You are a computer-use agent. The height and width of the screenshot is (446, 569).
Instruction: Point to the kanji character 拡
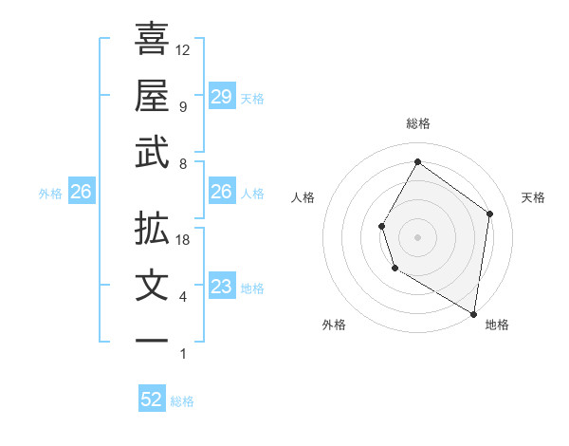pyautogui.click(x=152, y=229)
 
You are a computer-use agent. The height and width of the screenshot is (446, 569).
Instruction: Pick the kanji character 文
pyautogui.click(x=152, y=286)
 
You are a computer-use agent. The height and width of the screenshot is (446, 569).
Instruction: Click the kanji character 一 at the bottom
pyautogui.click(x=152, y=341)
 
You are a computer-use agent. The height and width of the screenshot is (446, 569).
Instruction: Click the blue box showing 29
pyautogui.click(x=221, y=97)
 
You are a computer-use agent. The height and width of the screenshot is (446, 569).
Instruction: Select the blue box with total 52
pyautogui.click(x=152, y=400)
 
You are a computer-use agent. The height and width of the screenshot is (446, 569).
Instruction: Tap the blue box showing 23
pyautogui.click(x=221, y=287)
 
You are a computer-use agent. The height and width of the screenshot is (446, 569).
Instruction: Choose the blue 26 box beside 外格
pyautogui.click(x=81, y=193)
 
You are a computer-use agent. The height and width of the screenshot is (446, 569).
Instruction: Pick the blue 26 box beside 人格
pyautogui.click(x=221, y=192)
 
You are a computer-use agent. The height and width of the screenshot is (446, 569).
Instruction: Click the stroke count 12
pyautogui.click(x=183, y=50)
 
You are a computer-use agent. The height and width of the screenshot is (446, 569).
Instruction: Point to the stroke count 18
pyautogui.click(x=183, y=240)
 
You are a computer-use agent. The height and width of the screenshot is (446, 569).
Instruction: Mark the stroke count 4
pyautogui.click(x=183, y=297)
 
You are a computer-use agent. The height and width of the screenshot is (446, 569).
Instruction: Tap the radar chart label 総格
pyautogui.click(x=418, y=123)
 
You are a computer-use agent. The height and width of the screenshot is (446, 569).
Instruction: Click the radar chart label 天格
pyautogui.click(x=533, y=197)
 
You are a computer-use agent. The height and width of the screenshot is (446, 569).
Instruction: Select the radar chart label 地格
pyautogui.click(x=497, y=325)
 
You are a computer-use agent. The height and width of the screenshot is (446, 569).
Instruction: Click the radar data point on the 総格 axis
pyautogui.click(x=417, y=161)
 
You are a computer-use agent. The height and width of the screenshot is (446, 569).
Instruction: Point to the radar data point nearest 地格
pyautogui.click(x=474, y=313)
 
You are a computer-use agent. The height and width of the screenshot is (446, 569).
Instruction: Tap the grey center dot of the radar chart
pyautogui.click(x=417, y=236)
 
